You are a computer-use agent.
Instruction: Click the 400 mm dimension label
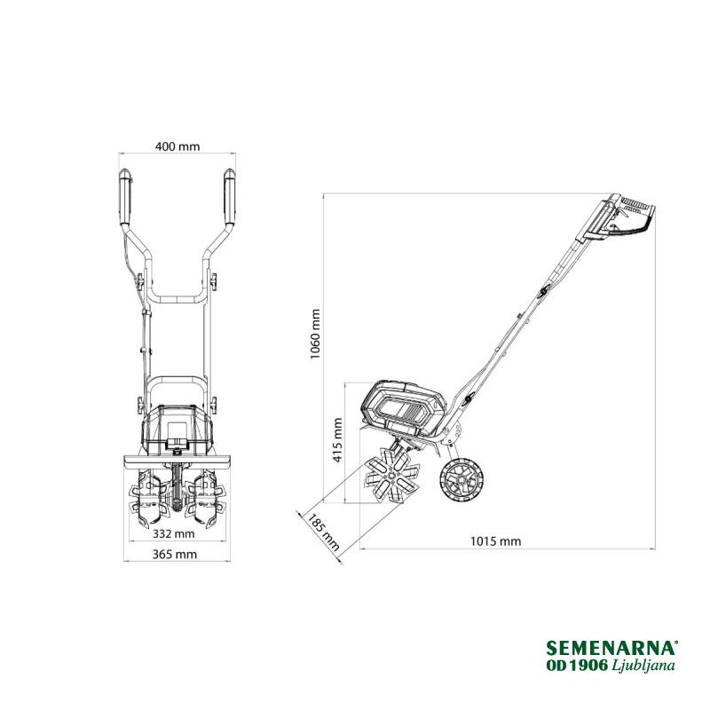177,146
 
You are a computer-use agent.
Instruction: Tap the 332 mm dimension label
173,534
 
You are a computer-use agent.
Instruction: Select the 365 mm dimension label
174,554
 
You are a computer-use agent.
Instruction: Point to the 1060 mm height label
315,335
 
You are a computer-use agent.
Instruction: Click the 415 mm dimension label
337,440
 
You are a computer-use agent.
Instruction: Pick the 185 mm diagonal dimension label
323,531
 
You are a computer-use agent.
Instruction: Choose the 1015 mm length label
495,541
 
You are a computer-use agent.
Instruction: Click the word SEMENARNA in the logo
611,648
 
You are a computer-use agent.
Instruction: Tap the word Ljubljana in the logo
643,665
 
